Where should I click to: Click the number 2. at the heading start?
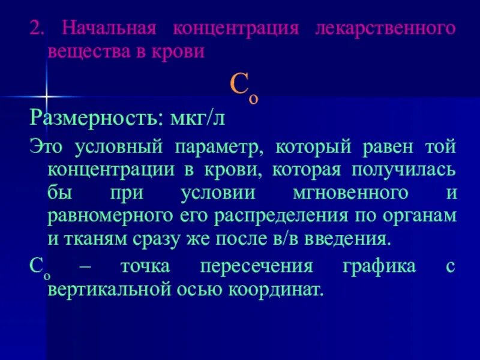click(37, 28)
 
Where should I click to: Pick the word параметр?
click(221, 146)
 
